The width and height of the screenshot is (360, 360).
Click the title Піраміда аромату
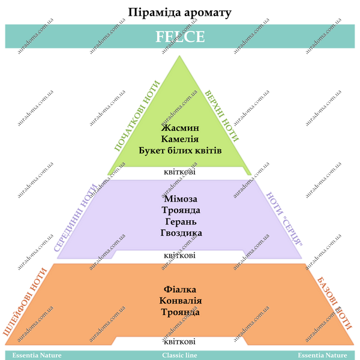tap(179, 13)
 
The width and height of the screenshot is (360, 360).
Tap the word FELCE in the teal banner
tap(180, 37)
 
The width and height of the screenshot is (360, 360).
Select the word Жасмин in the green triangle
tap(180, 128)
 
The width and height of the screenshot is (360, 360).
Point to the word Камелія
tap(180, 139)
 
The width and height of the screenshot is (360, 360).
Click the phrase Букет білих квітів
tap(180, 151)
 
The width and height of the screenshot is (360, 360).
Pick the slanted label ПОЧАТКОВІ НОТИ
tap(137, 116)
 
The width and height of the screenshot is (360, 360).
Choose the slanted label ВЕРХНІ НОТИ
tap(221, 116)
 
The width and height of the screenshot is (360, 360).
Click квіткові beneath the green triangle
tap(179, 172)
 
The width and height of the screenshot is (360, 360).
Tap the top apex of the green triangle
tap(179, 56)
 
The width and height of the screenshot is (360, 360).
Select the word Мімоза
tap(181, 199)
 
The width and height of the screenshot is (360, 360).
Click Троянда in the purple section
tap(181, 210)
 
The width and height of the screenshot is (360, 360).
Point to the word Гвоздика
tap(181, 233)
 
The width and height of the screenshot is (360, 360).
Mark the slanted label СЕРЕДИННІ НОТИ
tap(76, 218)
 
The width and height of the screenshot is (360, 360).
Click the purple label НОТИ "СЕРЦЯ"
tap(284, 219)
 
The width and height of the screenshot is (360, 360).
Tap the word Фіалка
tap(180, 290)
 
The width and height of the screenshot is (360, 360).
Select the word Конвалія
tap(181, 301)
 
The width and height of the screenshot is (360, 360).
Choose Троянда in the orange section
tap(180, 312)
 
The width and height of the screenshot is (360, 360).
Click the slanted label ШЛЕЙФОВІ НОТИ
tap(25, 302)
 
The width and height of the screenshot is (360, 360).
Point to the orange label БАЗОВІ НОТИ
tap(335, 304)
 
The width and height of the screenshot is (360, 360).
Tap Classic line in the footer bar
tap(179, 355)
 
